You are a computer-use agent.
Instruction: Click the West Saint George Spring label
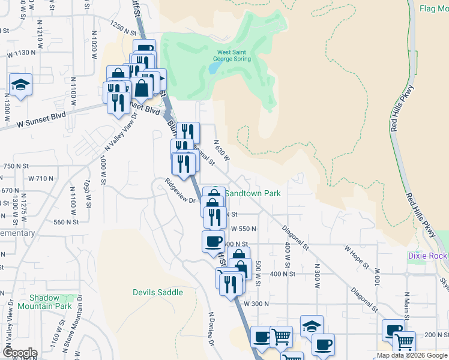click(x=234, y=56)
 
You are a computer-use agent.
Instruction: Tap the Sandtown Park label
click(x=253, y=194)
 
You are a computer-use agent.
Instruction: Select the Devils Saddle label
click(x=157, y=292)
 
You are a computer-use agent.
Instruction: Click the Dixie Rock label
click(x=427, y=256)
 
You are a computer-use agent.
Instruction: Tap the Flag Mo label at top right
click(x=435, y=9)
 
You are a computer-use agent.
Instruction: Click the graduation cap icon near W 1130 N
click(x=20, y=85)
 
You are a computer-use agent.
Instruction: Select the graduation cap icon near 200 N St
click(x=312, y=326)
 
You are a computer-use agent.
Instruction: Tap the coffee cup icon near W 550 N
click(x=213, y=241)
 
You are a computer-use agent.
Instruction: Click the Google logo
click(x=20, y=353)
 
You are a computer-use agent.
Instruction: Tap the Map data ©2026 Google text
click(x=411, y=355)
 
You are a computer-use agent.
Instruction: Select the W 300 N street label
click(x=256, y=304)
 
